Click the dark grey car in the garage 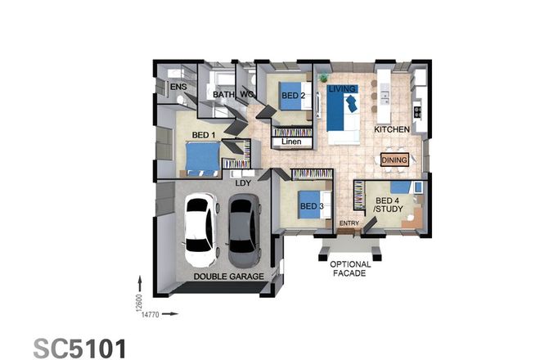click(x=243, y=230)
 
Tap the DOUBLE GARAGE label click(x=228, y=277)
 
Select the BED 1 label click(x=204, y=134)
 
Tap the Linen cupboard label click(x=292, y=142)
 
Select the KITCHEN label click(x=391, y=130)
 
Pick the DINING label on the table click(x=394, y=160)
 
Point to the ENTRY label click(x=349, y=223)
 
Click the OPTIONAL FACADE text click(x=350, y=268)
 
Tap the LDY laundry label click(x=243, y=182)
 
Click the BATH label click(x=223, y=95)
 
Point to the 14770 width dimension click(x=151, y=313)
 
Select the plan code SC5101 click(x=80, y=347)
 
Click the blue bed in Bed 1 click(x=201, y=157)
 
